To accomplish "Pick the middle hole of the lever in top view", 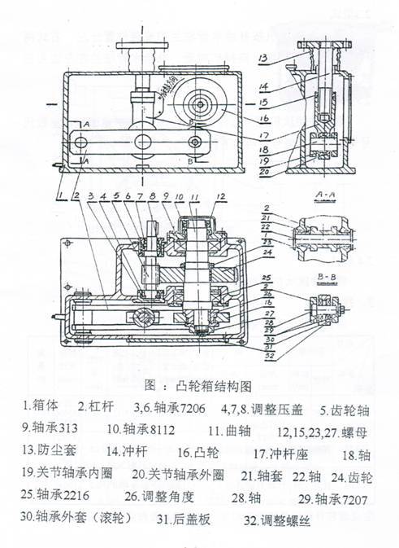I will click(145, 142).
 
